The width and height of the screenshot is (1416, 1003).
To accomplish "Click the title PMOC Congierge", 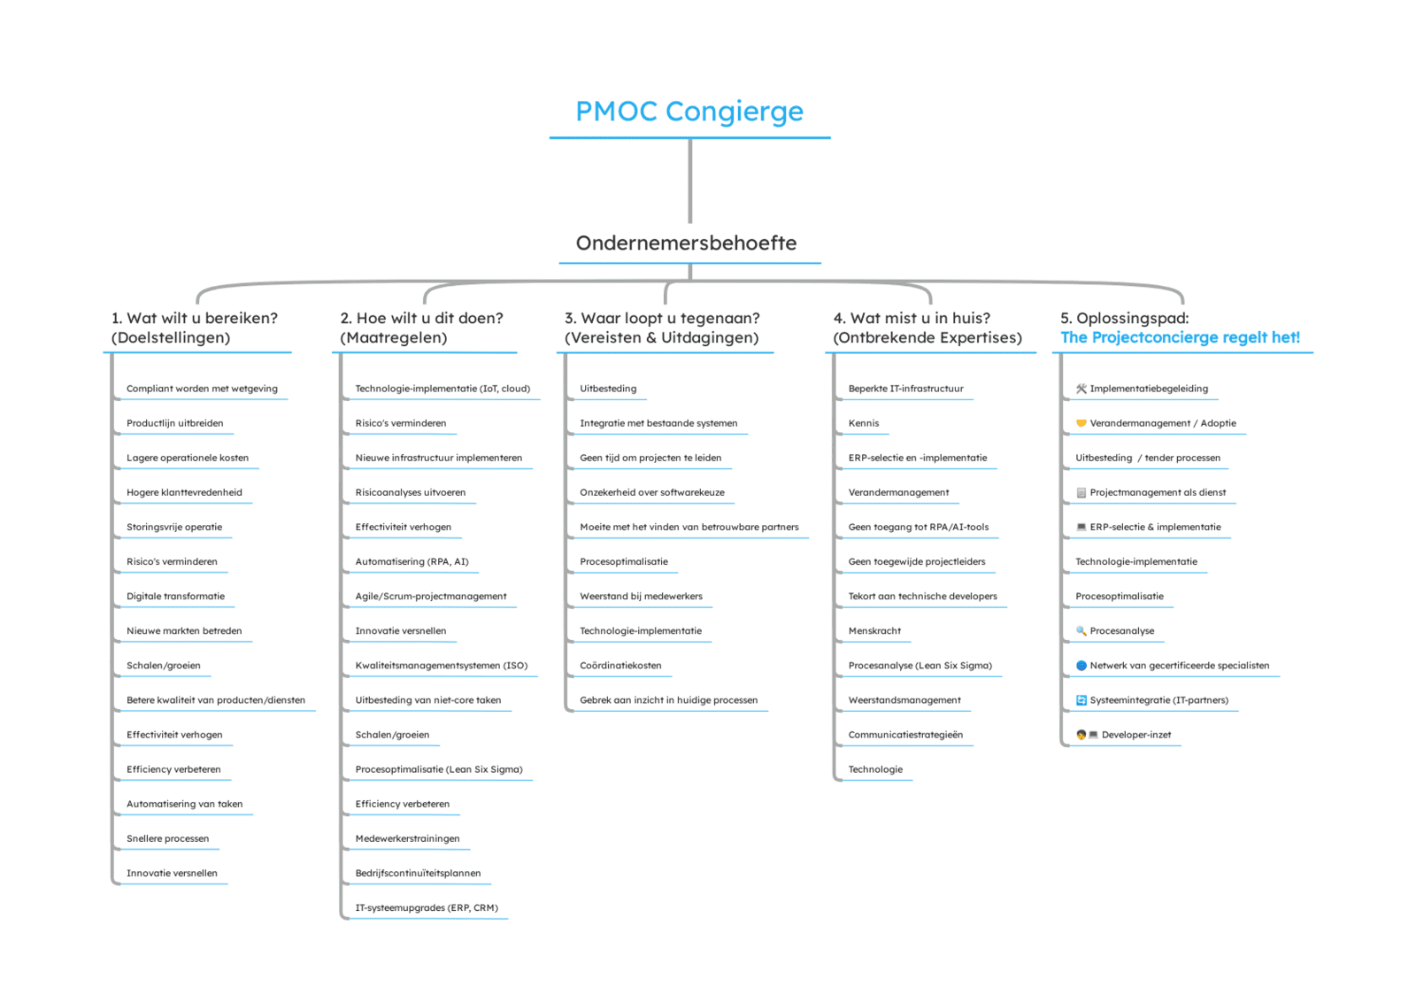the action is click(x=689, y=112).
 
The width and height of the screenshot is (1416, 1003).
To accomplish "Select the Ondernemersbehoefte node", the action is click(x=686, y=243).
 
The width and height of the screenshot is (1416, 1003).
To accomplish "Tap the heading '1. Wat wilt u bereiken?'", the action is click(x=195, y=318).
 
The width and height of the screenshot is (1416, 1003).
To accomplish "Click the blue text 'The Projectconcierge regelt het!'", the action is click(x=1181, y=337).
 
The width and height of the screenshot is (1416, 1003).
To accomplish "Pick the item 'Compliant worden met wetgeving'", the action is click(x=202, y=389).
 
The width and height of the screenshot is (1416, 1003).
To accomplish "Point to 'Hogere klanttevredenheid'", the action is click(x=184, y=492).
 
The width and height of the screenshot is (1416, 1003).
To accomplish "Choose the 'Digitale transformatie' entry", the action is click(x=175, y=596).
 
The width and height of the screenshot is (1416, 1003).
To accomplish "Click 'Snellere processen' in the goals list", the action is click(x=167, y=838).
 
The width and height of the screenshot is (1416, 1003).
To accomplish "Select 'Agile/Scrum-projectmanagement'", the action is click(x=430, y=596).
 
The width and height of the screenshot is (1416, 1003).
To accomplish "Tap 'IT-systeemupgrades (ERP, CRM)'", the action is click(x=427, y=907).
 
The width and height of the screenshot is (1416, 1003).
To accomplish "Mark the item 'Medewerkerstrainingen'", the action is click(x=407, y=838).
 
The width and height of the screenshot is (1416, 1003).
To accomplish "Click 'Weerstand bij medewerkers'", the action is click(x=641, y=596).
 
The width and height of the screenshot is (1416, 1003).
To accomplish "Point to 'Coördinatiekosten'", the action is click(x=620, y=666).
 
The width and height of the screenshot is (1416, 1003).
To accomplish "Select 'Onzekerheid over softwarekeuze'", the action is click(x=652, y=492).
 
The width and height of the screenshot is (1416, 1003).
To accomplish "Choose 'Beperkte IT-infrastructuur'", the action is click(x=906, y=389).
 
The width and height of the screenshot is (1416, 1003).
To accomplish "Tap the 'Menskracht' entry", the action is click(x=874, y=630).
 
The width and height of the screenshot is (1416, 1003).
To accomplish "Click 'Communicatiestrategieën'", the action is click(x=905, y=735).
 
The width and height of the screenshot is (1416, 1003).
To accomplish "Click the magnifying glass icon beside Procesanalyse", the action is click(x=1081, y=630).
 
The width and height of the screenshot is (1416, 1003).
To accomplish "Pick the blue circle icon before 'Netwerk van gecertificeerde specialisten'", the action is click(x=1081, y=666).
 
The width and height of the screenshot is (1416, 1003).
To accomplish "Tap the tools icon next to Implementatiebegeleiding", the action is click(x=1081, y=389).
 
